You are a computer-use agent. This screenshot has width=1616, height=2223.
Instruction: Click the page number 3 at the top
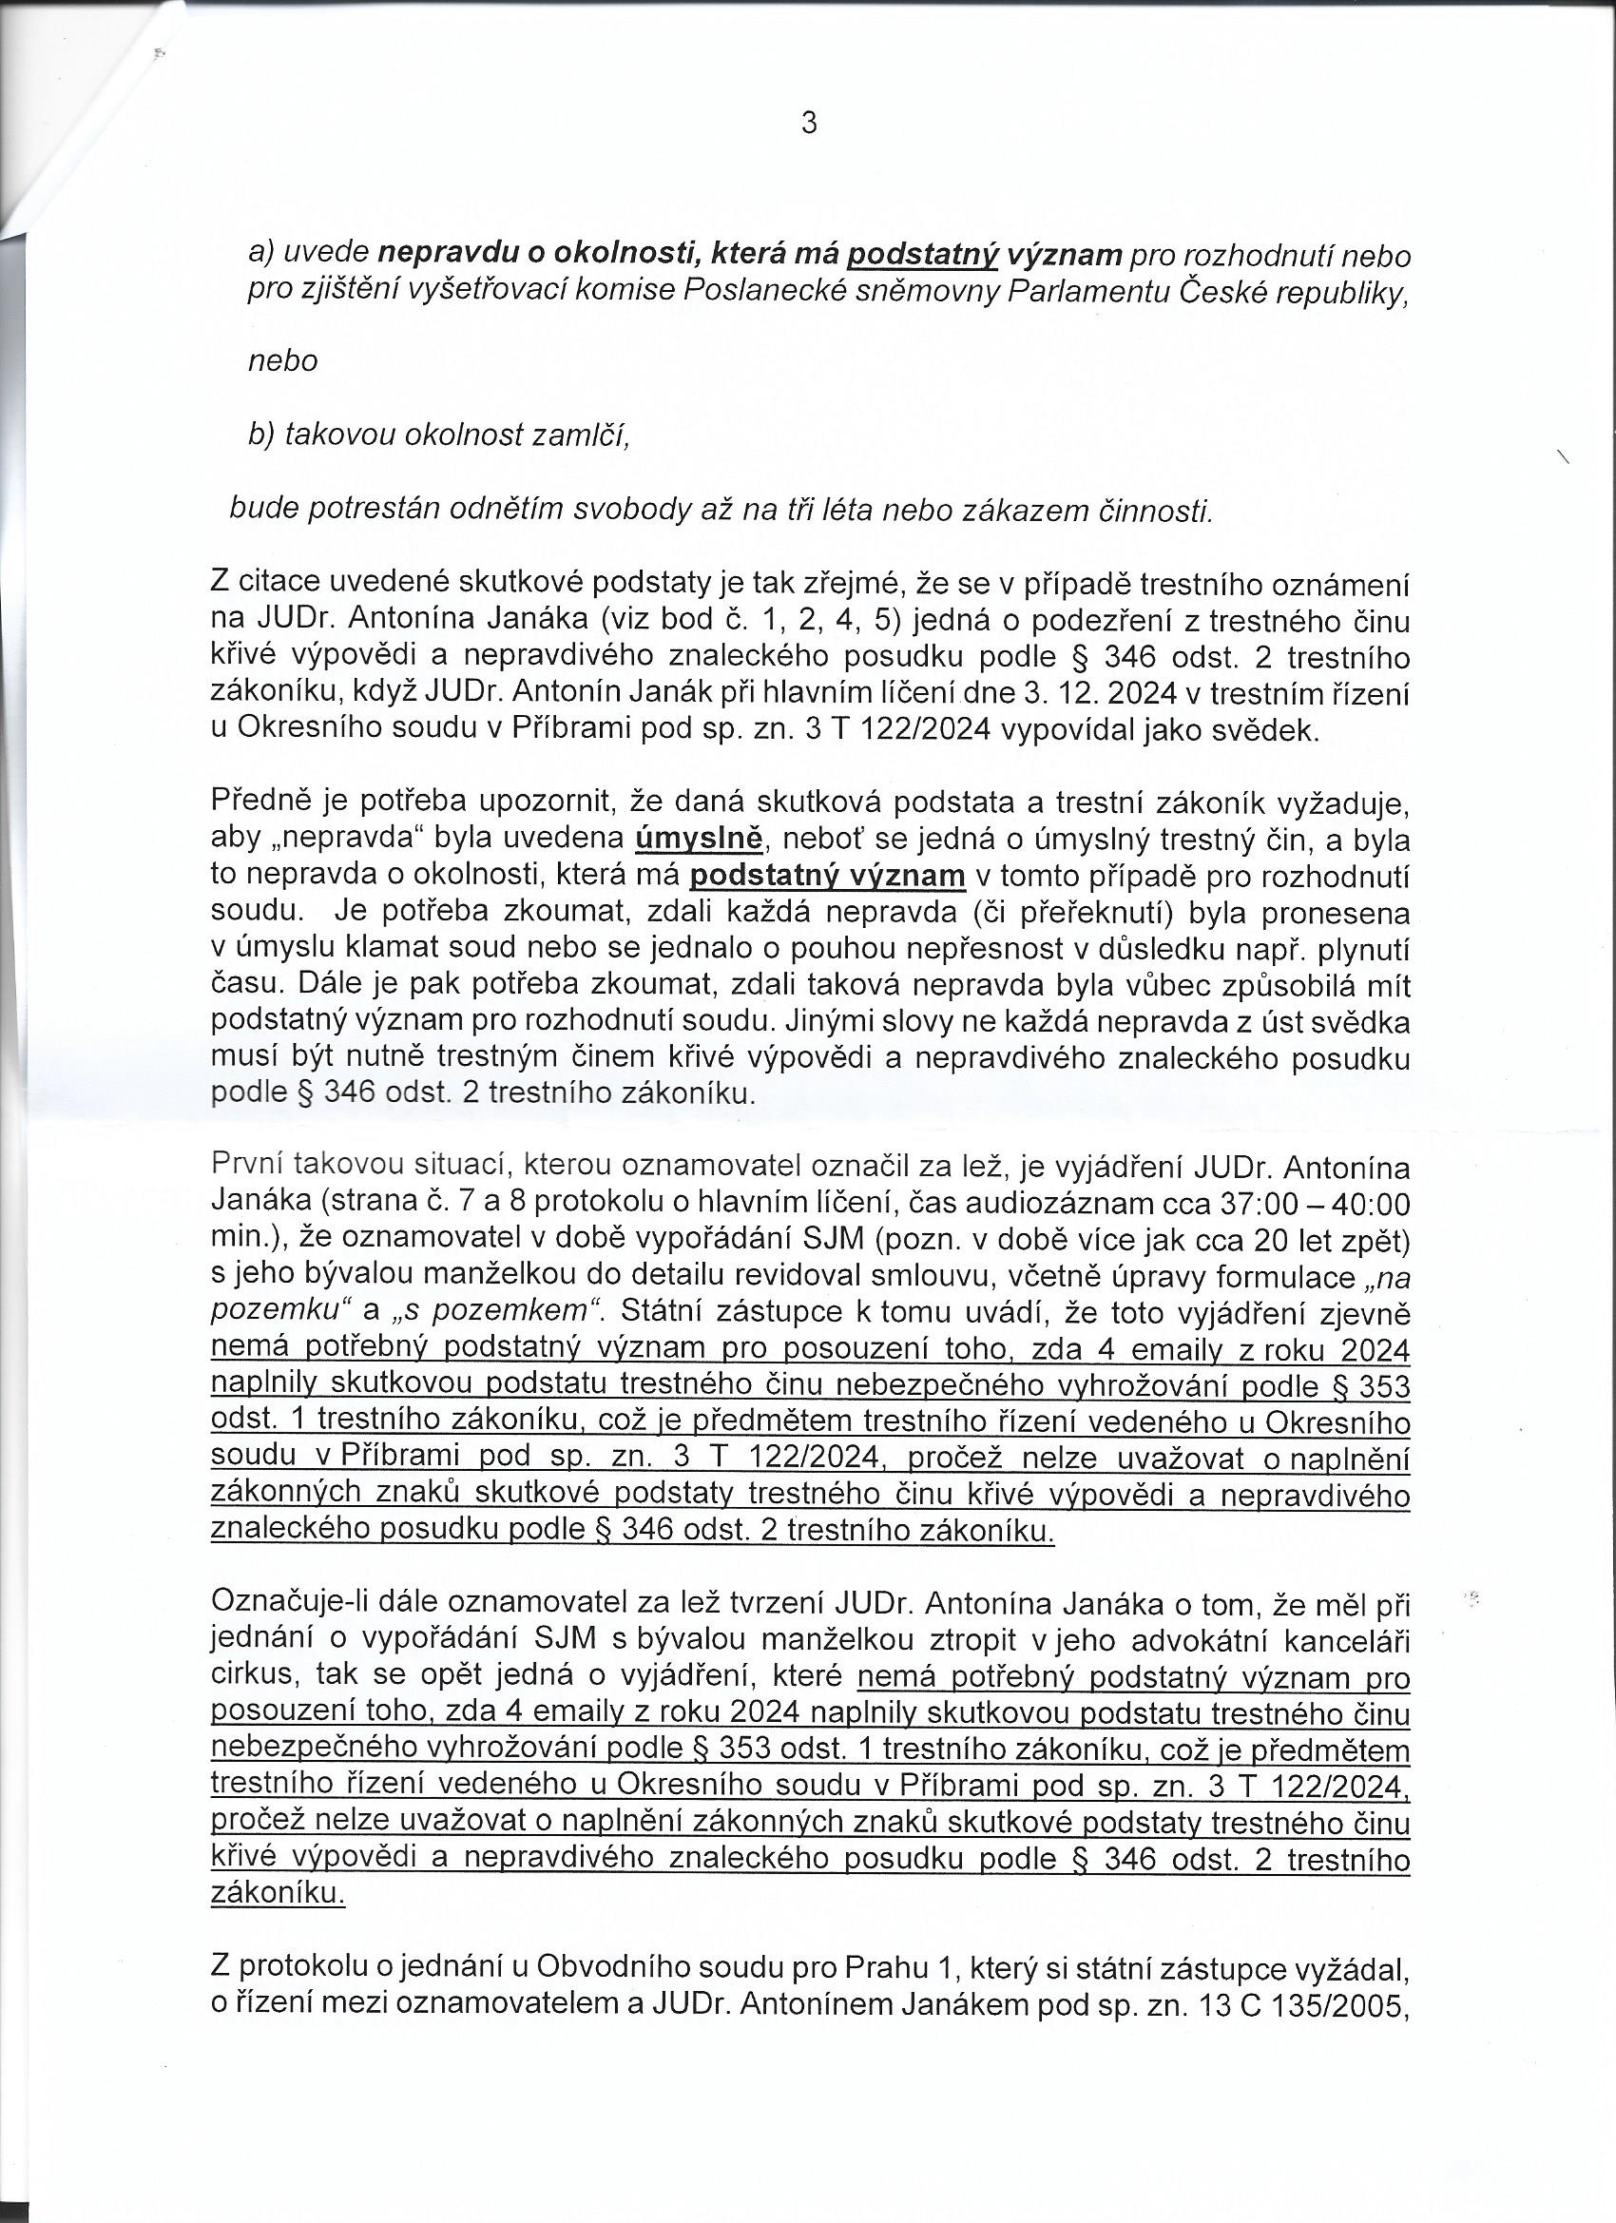coord(809,125)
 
